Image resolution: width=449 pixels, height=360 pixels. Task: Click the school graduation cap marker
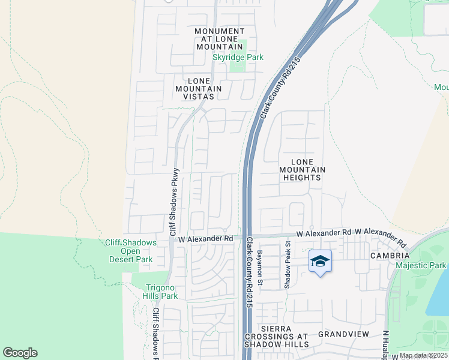320,262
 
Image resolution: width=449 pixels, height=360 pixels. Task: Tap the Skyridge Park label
238,58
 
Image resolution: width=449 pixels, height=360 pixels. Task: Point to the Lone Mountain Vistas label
198,89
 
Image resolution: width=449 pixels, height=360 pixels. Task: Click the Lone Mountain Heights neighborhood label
302,170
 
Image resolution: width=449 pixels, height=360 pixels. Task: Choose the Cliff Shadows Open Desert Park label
130,251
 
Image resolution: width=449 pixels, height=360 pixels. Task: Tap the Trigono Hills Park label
161,292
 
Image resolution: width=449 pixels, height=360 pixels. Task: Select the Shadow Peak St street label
288,265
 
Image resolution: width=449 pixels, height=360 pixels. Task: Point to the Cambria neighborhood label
373,255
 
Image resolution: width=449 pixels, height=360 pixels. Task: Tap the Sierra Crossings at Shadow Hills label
277,337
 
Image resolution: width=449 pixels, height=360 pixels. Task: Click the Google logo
20,353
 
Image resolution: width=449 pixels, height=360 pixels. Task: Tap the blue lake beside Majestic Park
439,295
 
